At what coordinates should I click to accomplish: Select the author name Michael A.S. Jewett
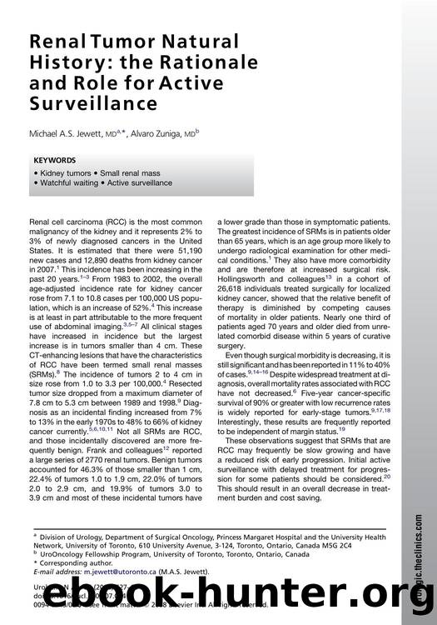click(71, 132)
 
